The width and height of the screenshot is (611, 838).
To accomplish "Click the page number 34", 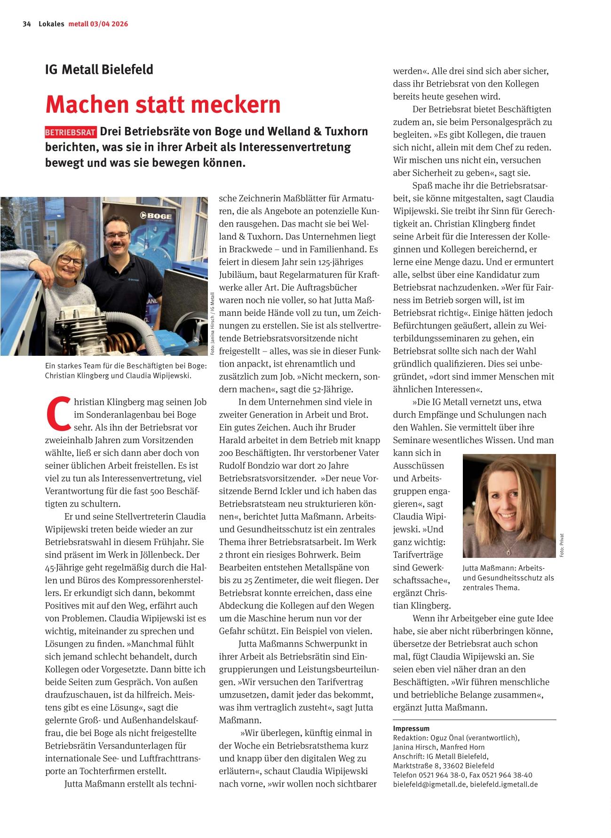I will pyautogui.click(x=27, y=24).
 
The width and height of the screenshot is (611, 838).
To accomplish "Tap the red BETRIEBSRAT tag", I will pyautogui.click(x=71, y=132).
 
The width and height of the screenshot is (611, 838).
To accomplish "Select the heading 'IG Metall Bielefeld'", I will pyautogui.click(x=99, y=70).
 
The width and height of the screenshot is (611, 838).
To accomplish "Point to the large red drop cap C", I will pyautogui.click(x=58, y=414).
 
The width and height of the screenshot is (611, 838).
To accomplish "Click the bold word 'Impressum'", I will pyautogui.click(x=411, y=728).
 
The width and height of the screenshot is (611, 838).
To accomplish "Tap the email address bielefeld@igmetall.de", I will pyautogui.click(x=429, y=784).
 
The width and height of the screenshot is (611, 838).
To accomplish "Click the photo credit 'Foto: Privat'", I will pyautogui.click(x=562, y=545).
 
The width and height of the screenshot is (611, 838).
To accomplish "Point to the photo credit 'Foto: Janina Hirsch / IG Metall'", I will pyautogui.click(x=213, y=323).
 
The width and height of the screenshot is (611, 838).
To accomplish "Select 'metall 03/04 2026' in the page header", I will pyautogui.click(x=98, y=24).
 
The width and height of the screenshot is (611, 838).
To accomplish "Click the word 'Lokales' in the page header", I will pyautogui.click(x=51, y=24).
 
